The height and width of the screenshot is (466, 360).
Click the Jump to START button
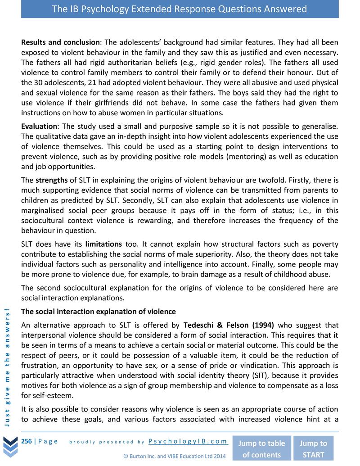(x=313, y=448)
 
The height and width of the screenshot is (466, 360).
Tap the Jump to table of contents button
(x=261, y=448)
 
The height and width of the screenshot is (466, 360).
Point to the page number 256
(x=26, y=441)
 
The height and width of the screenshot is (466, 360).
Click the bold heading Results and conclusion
(x=60, y=42)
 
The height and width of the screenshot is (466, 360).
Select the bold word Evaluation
(x=39, y=127)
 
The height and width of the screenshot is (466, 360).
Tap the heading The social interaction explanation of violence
(x=99, y=312)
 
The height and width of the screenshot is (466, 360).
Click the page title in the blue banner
(x=180, y=9)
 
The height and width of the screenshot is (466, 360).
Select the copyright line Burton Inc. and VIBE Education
(x=174, y=456)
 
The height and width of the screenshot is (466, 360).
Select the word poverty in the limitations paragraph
(x=326, y=244)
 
